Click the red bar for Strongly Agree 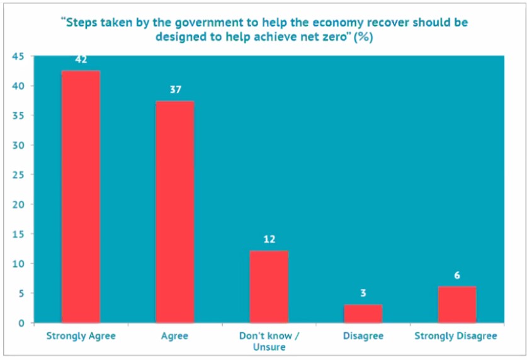tap(81, 196)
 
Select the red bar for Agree tap(174, 211)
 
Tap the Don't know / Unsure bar tap(269, 286)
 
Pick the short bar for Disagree tap(363, 313)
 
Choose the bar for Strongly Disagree tap(457, 305)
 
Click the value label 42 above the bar tap(81, 60)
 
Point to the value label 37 tap(175, 90)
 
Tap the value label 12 tap(269, 239)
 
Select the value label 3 tap(363, 293)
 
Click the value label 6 tap(457, 276)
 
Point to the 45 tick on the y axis tap(19, 57)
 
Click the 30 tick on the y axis tap(19, 145)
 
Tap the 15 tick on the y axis tap(19, 234)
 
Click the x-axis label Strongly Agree tap(81, 336)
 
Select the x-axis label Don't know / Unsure tap(269, 341)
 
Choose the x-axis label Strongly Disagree tap(456, 336)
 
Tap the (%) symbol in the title tap(363, 37)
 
